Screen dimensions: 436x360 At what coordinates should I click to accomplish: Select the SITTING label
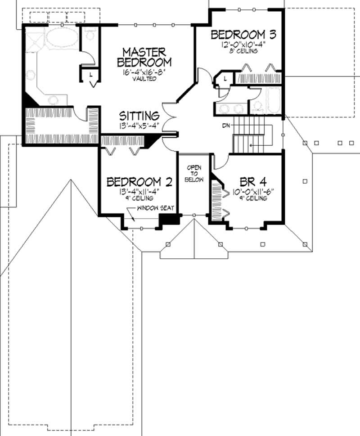click(139, 115)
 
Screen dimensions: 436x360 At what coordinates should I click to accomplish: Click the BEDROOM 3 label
click(243, 35)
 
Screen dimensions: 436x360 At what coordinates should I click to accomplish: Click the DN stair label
click(226, 126)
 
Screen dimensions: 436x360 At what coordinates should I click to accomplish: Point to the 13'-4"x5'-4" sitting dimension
click(139, 125)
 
